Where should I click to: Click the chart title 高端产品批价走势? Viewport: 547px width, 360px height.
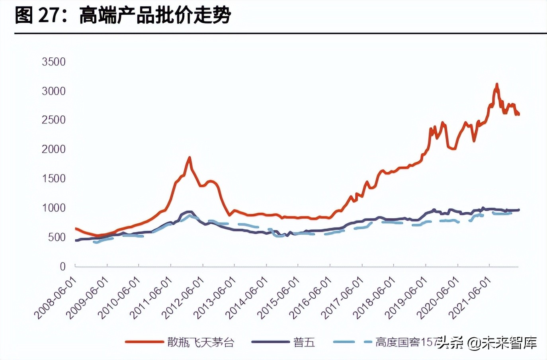point(155,16)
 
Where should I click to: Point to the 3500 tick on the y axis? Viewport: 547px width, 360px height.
point(53,62)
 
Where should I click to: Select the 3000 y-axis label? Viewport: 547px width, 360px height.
point(53,91)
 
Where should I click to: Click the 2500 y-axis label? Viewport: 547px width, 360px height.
point(53,120)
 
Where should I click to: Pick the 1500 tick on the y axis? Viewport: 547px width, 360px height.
point(53,178)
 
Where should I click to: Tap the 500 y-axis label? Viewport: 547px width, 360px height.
point(57,237)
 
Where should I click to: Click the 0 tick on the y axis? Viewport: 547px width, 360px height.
point(63,266)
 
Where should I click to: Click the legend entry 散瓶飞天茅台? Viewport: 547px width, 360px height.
point(201,342)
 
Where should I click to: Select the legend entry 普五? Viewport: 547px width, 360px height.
point(304,342)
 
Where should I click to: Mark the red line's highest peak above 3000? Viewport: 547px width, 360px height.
point(496,84)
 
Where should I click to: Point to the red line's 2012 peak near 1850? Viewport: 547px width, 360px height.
point(189,158)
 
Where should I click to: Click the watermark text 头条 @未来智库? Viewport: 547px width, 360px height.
point(488,342)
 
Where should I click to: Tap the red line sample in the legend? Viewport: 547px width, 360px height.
point(144,342)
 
